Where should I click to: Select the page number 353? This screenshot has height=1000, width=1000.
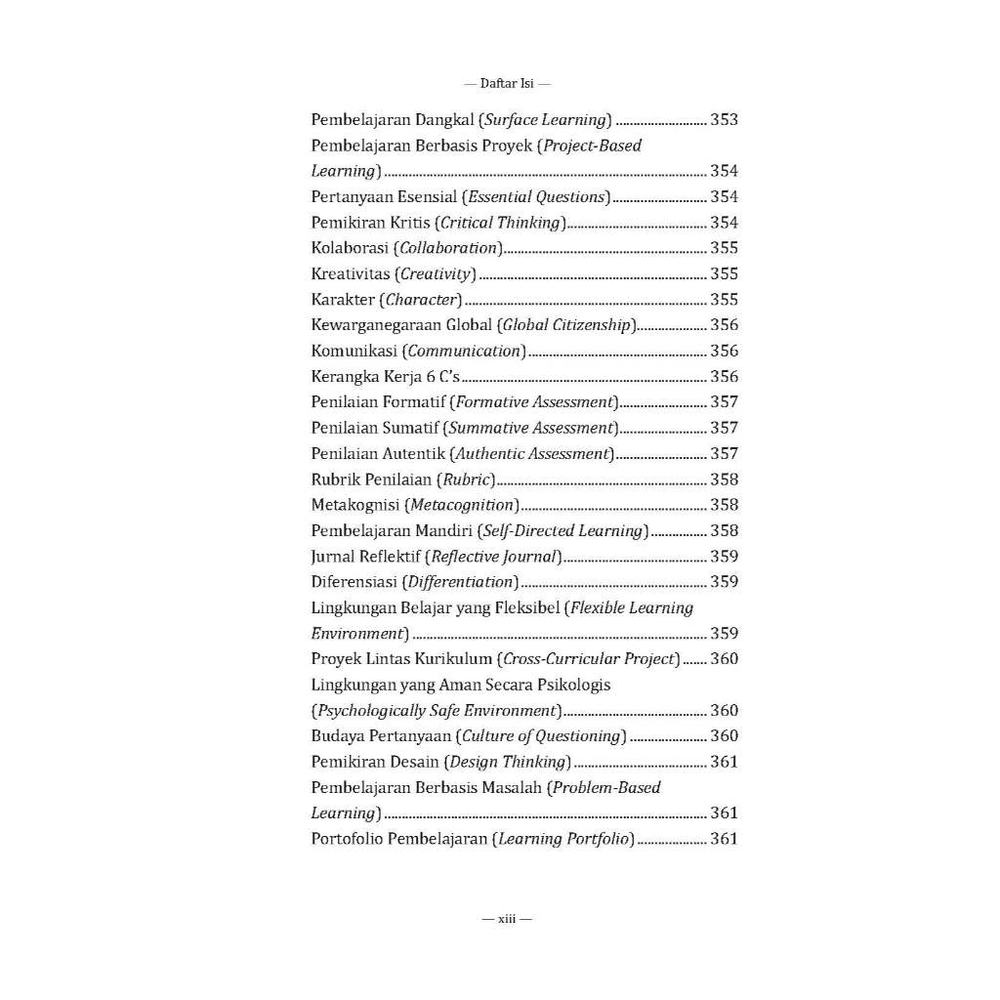pos(724,120)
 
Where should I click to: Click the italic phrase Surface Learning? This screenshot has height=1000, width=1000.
pos(545,120)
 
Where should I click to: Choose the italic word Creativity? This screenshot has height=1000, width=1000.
pos(436,274)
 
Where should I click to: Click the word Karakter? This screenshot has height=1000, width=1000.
pos(344,300)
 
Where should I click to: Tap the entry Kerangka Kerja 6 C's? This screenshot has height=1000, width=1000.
pos(385,377)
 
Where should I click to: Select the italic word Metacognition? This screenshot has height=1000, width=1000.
pos(462,505)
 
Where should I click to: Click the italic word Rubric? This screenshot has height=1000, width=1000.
pos(467,479)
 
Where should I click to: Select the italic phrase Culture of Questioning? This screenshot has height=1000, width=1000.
pos(542,736)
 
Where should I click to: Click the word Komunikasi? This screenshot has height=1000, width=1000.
pos(354,351)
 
